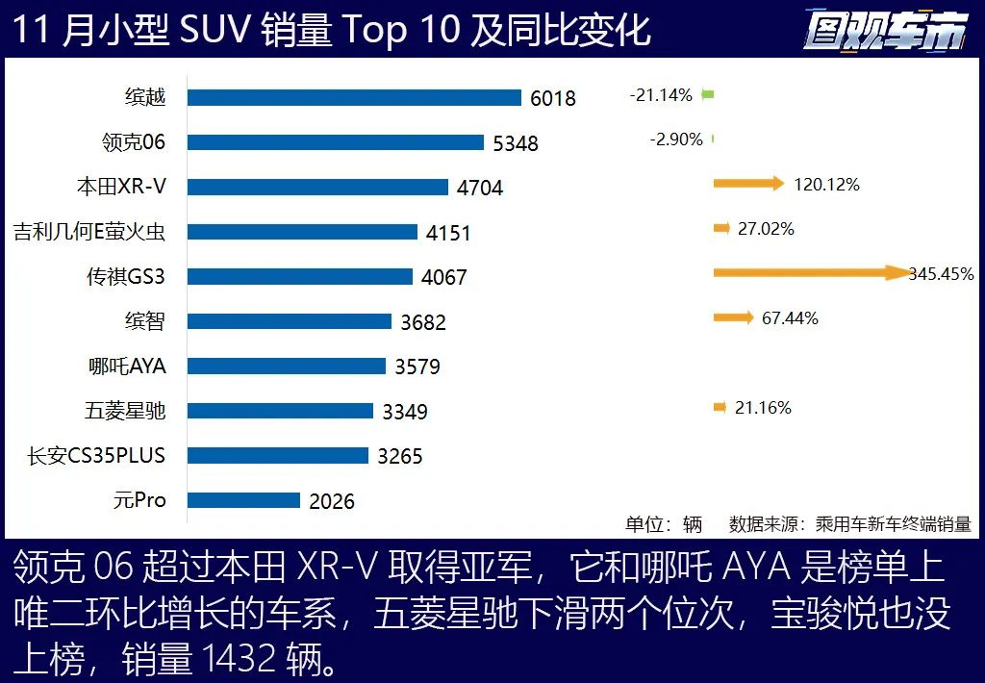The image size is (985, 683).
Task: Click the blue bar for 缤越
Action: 354,97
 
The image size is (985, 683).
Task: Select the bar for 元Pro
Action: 243,500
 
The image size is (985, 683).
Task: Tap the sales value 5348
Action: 516,143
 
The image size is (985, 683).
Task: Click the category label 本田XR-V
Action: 121,187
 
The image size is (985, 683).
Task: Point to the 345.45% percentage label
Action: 941,274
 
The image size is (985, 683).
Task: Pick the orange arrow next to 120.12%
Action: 748,184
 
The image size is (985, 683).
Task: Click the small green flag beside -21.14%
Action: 708,94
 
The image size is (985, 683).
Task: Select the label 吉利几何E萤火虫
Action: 89,232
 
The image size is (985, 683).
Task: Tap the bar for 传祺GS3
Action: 299,276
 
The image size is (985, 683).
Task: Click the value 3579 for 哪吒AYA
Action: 417,367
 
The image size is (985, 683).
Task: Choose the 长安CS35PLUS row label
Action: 96,455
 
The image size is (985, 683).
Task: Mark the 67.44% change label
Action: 790,318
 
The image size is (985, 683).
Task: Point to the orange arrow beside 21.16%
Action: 720,408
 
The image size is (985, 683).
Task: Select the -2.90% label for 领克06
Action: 676,139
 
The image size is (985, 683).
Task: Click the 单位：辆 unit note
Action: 664,524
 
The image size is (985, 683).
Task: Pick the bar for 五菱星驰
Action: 280,411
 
